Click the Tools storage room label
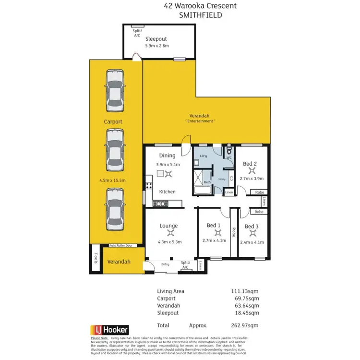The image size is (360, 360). click(96, 258)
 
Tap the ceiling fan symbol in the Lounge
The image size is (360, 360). click(169, 233)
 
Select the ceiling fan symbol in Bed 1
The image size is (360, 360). click(213, 233)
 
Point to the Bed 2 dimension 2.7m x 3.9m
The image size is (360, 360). click(250, 179)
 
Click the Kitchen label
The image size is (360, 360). click(167, 192)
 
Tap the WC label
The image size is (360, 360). click(229, 157)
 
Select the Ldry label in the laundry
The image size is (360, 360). click(203, 156)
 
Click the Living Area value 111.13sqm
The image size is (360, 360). click(245, 291)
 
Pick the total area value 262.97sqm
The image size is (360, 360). click(245, 325)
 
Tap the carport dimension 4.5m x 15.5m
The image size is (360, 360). click(112, 180)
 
